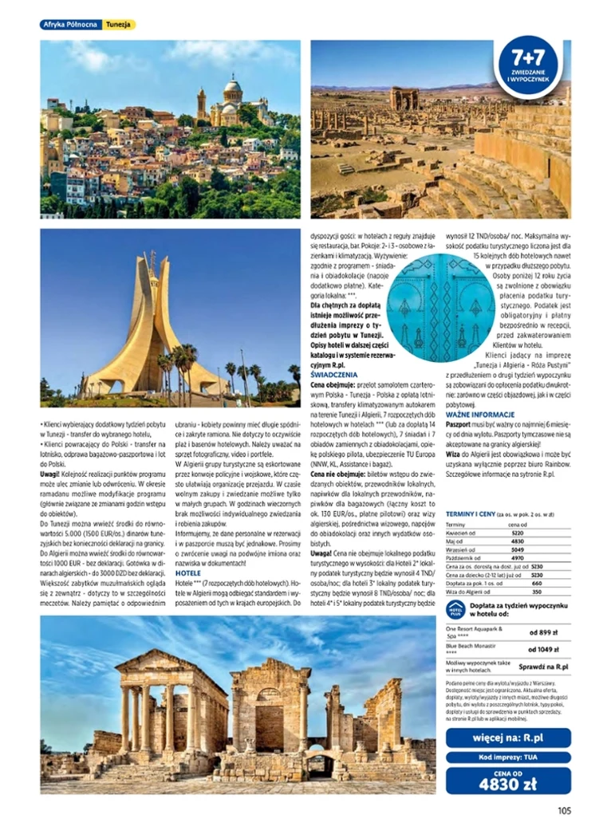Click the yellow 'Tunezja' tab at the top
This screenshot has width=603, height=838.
[119, 25]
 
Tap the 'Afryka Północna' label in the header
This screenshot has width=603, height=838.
[71, 25]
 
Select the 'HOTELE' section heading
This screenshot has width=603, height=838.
[187, 573]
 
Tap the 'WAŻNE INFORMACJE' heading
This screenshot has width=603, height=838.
[479, 415]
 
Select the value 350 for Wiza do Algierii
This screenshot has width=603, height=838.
[537, 592]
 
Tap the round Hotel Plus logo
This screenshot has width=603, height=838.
[455, 610]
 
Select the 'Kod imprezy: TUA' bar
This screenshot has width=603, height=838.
[508, 757]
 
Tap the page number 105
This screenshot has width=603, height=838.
[564, 812]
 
